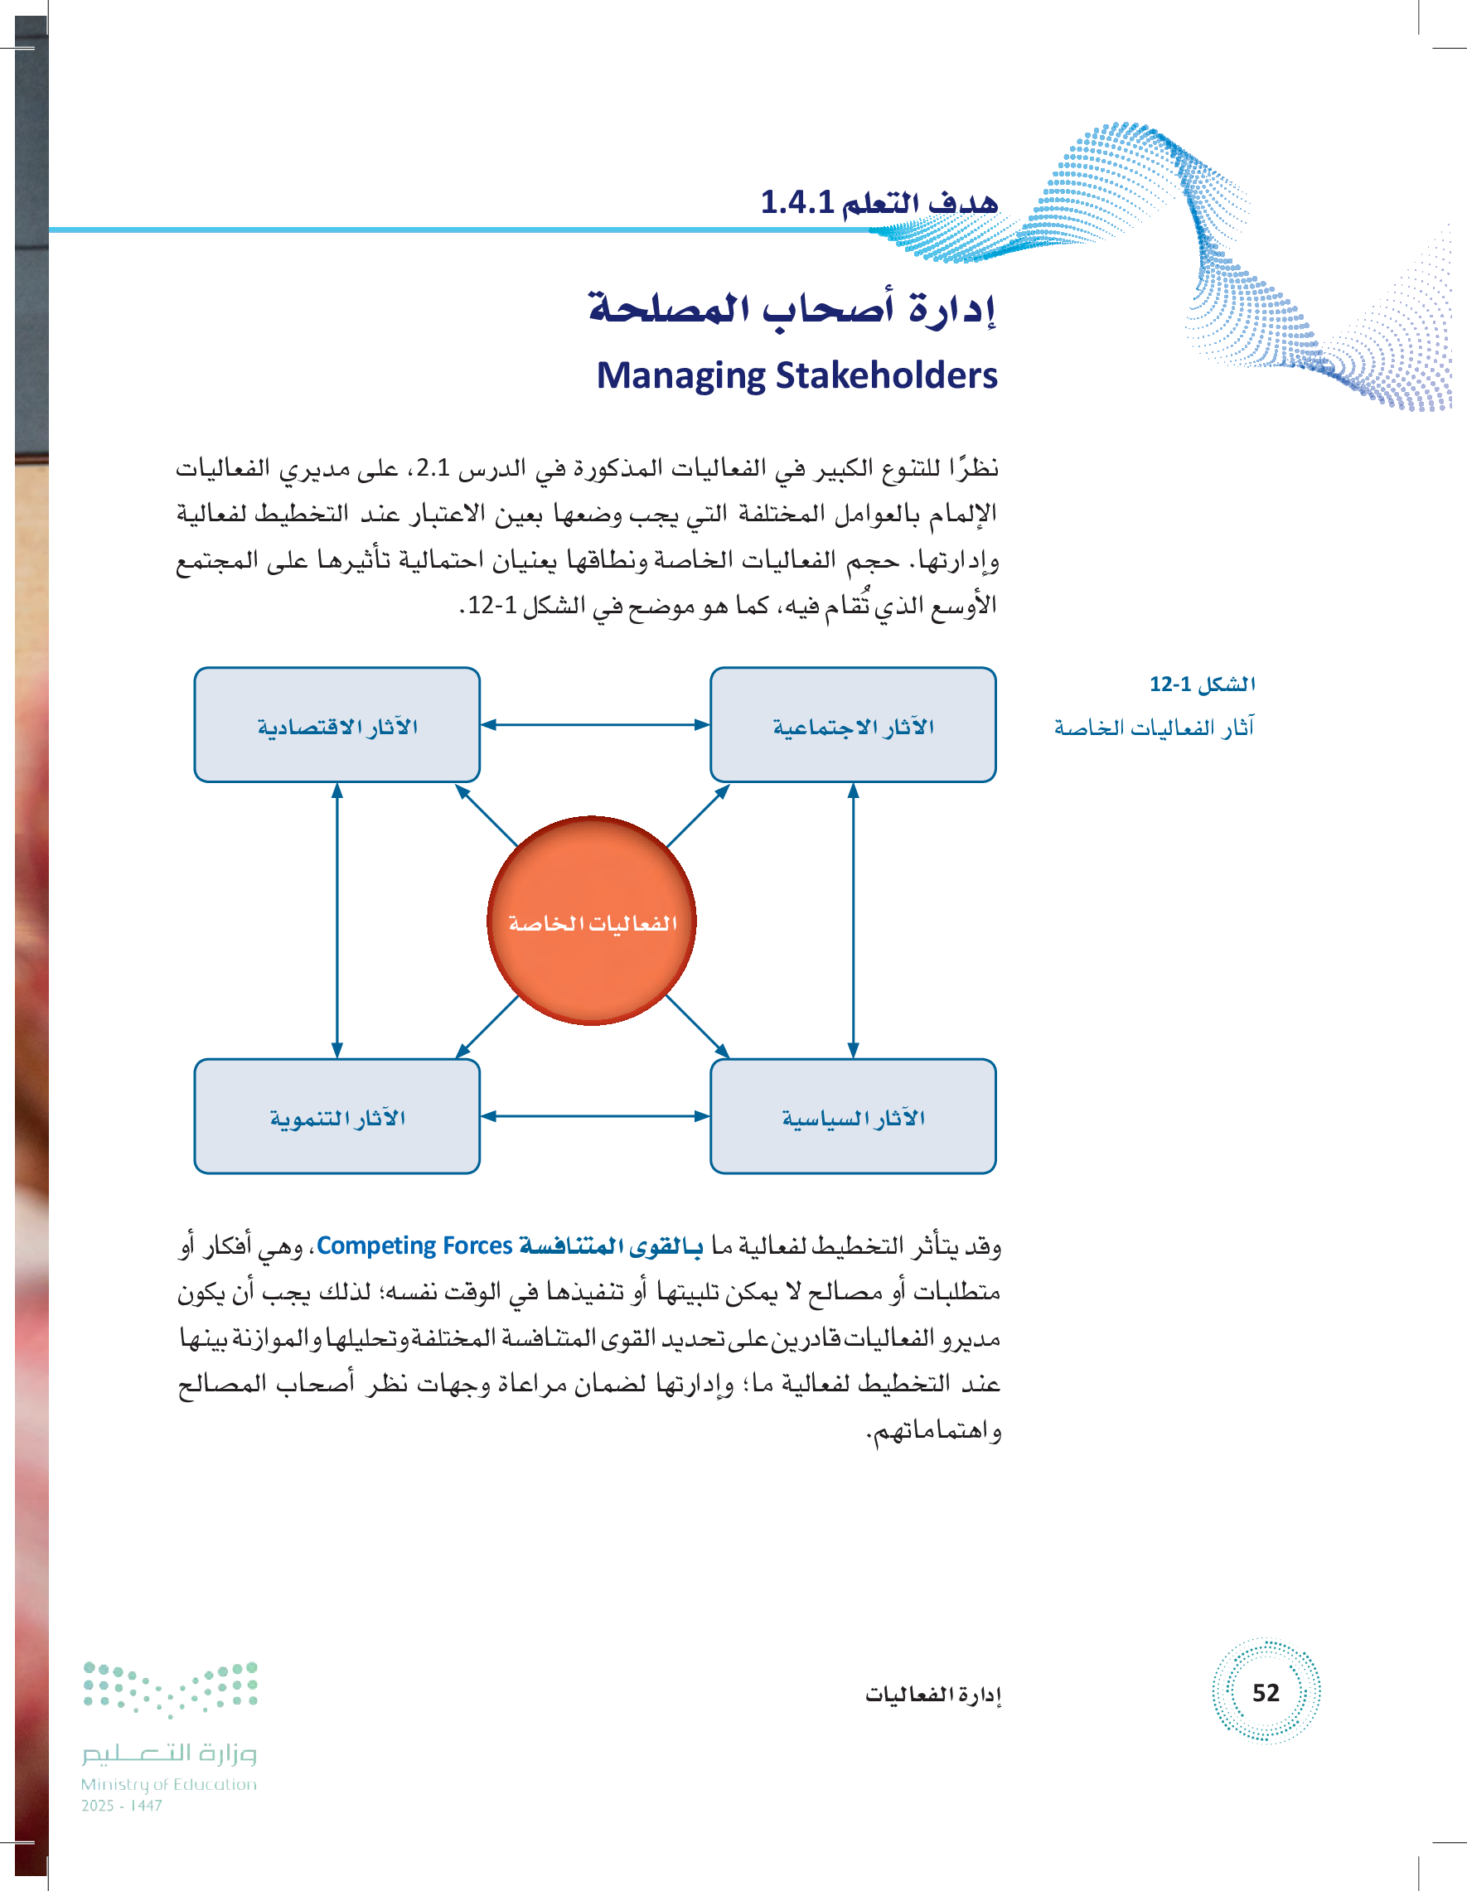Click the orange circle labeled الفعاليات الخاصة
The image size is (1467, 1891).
[x=592, y=921]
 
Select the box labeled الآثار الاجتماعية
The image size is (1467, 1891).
[x=852, y=725]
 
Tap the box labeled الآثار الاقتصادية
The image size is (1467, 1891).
[x=336, y=725]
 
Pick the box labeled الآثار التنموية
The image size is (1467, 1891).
[x=336, y=1116]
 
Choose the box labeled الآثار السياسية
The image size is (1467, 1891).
[x=852, y=1116]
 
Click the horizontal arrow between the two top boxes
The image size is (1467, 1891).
[x=595, y=725]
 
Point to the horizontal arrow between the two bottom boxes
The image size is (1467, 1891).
[x=595, y=1116]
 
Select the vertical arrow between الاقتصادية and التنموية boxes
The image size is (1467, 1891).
[x=336, y=921]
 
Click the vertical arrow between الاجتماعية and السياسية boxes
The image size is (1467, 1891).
[x=853, y=921]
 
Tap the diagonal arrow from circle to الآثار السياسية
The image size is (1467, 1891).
[x=697, y=1027]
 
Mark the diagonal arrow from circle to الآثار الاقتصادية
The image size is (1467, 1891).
[x=486, y=815]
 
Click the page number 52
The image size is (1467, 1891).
[x=1266, y=1693]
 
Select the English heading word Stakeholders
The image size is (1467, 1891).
[x=886, y=375]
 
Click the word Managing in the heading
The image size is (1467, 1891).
[x=680, y=375]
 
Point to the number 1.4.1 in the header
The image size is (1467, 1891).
[x=796, y=202]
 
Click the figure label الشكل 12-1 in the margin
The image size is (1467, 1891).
[x=1202, y=684]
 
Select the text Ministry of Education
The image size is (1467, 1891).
[x=169, y=1784]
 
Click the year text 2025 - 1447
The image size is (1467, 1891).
[x=121, y=1806]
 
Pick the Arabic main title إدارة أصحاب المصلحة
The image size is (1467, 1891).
[x=792, y=308]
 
